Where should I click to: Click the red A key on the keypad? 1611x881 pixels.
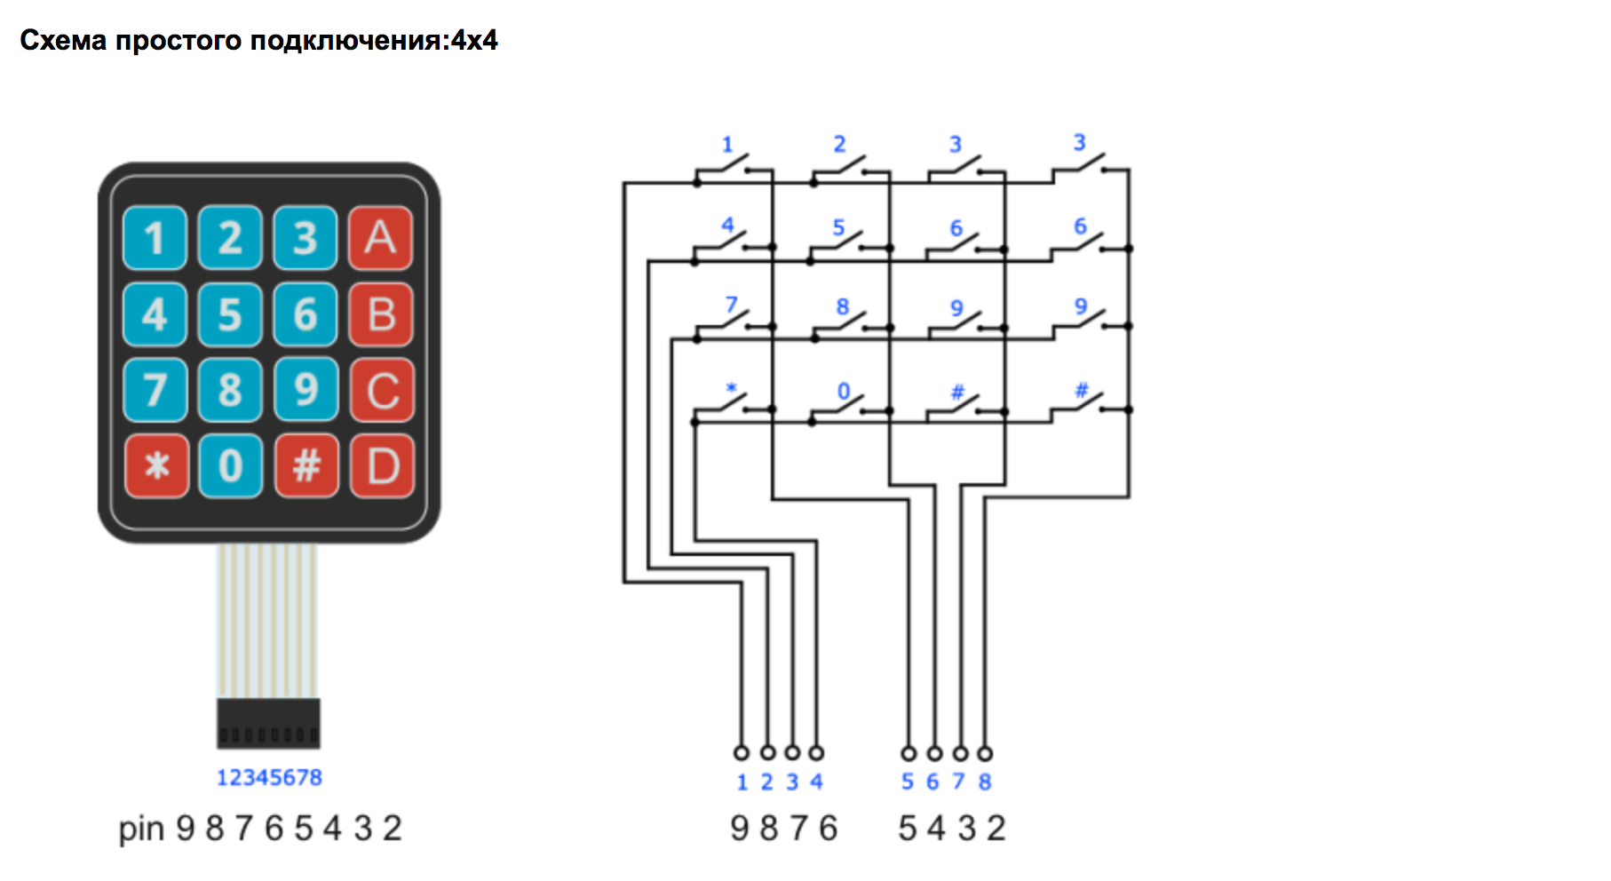(x=380, y=238)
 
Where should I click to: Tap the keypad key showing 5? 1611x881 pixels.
(x=230, y=314)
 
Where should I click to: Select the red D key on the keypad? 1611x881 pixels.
(x=382, y=465)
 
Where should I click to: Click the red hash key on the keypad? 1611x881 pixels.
(x=306, y=465)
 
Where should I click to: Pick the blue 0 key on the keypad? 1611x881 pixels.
(x=230, y=465)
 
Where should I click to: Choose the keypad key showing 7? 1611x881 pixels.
(x=155, y=390)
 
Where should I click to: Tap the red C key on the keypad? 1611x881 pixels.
(x=382, y=390)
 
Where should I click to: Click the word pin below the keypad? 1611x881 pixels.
(x=142, y=829)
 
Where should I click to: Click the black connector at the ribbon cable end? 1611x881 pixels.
(x=268, y=723)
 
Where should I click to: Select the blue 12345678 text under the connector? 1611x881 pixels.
(x=269, y=778)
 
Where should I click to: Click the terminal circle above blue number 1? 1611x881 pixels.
(x=742, y=753)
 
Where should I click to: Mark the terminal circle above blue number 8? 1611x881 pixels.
(x=985, y=754)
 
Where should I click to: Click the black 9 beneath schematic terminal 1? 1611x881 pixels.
(x=740, y=829)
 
